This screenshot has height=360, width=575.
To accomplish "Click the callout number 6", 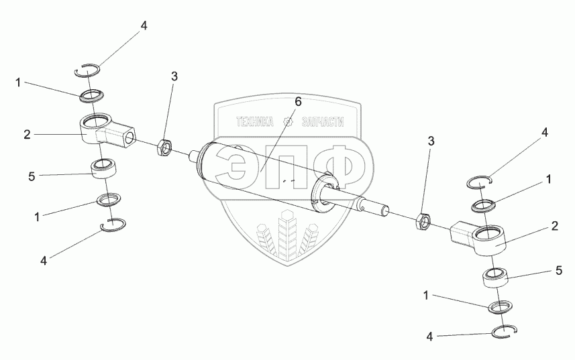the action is click(x=298, y=102).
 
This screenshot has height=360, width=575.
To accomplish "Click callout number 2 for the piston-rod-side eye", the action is click(x=555, y=226).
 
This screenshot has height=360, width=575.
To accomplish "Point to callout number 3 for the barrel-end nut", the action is click(x=174, y=76).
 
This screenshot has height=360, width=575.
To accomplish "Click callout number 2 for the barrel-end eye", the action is click(x=28, y=135).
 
